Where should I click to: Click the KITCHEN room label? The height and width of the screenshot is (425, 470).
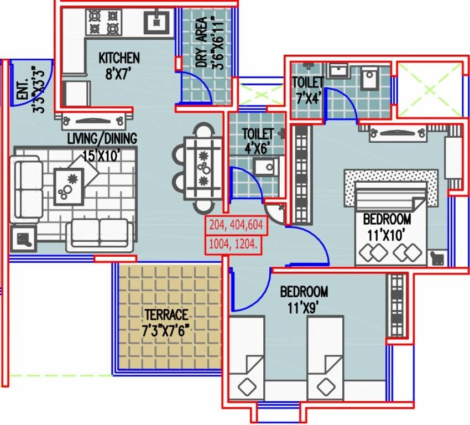119,58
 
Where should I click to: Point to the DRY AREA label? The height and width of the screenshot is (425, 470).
205,43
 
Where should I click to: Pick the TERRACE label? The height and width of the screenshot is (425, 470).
166,314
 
